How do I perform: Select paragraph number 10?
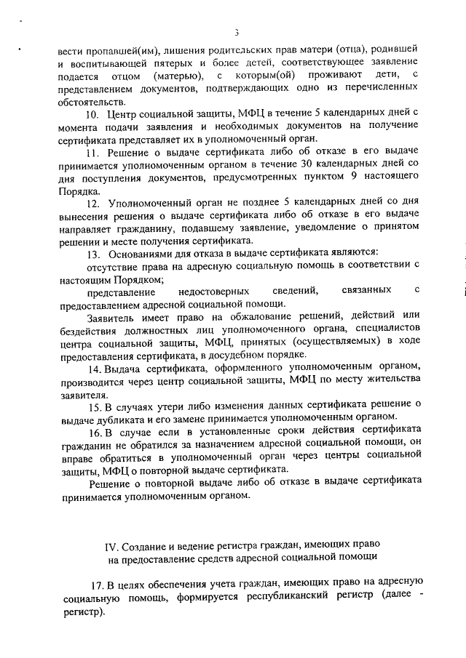(x=92, y=114)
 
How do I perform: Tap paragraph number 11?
(x=92, y=153)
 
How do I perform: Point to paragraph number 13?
(x=92, y=253)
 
